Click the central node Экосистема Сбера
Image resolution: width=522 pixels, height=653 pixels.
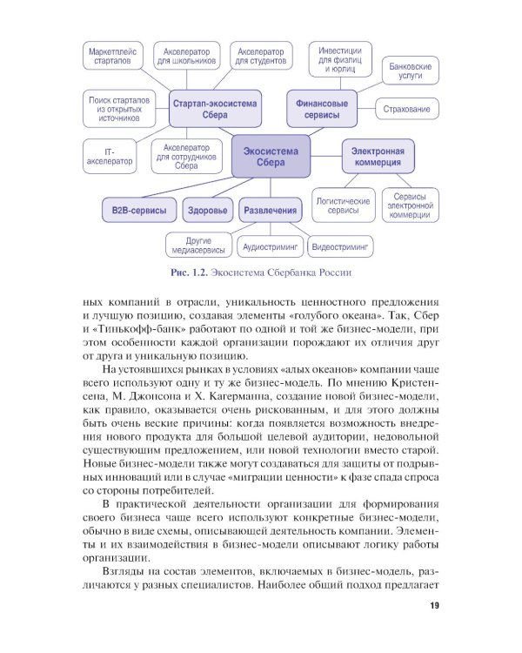tap(271, 156)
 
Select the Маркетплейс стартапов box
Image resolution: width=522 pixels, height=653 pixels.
tap(110, 58)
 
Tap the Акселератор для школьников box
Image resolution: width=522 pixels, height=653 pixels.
tap(185, 57)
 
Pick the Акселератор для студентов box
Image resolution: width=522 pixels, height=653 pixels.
tap(264, 57)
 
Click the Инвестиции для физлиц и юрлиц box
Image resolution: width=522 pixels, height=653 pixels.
tap(341, 57)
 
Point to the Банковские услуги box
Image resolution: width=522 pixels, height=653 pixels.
tap(410, 71)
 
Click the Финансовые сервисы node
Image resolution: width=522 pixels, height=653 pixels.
tap(322, 109)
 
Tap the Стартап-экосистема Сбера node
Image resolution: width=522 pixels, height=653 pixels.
tap(215, 109)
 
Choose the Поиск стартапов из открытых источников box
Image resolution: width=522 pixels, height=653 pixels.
tap(119, 109)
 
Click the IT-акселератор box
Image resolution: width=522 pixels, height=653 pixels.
tap(110, 156)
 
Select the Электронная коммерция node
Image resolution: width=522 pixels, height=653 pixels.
tap(377, 156)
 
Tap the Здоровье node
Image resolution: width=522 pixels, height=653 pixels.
tap(208, 211)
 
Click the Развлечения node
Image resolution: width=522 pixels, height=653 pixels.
tap(270, 211)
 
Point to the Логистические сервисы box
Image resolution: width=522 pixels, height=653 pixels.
tap(343, 206)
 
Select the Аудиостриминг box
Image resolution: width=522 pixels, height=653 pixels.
tap(271, 247)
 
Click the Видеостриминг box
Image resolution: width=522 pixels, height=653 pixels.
tap(341, 247)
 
